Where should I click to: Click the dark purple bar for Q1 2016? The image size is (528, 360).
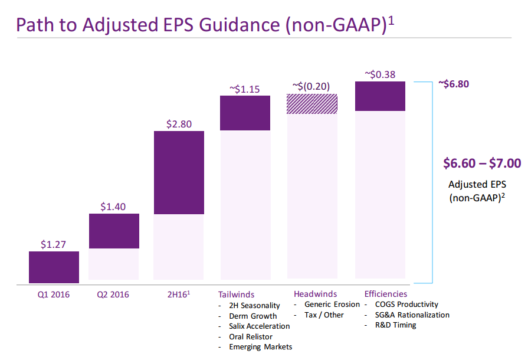(x=54, y=267)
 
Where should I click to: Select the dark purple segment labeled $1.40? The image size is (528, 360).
(x=114, y=231)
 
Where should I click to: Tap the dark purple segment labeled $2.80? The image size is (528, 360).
(x=179, y=172)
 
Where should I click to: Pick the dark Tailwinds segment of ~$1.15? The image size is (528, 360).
(x=245, y=113)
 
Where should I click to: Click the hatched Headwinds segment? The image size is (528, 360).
(x=311, y=104)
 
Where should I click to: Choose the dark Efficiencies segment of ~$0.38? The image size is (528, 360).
(x=379, y=96)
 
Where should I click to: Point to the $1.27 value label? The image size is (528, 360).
(x=54, y=244)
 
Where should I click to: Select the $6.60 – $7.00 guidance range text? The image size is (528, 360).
(x=482, y=163)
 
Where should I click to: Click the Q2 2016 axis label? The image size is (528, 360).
(x=113, y=294)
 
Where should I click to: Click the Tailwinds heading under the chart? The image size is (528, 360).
(x=236, y=294)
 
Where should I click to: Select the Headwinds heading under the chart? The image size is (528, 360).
(x=315, y=294)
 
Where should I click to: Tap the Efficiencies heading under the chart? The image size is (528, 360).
(x=386, y=294)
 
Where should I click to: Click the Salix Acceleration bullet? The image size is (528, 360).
(x=259, y=326)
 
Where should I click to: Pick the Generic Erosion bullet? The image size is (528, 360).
(x=332, y=305)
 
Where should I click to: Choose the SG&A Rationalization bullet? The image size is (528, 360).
(x=408, y=315)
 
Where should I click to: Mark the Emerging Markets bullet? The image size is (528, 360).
(x=260, y=346)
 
